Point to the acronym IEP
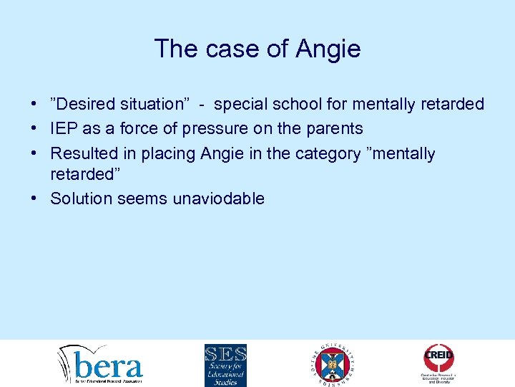point(63,129)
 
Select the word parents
point(335,129)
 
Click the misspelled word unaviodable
point(219,199)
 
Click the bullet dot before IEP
point(34,129)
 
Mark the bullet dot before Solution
point(34,199)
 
